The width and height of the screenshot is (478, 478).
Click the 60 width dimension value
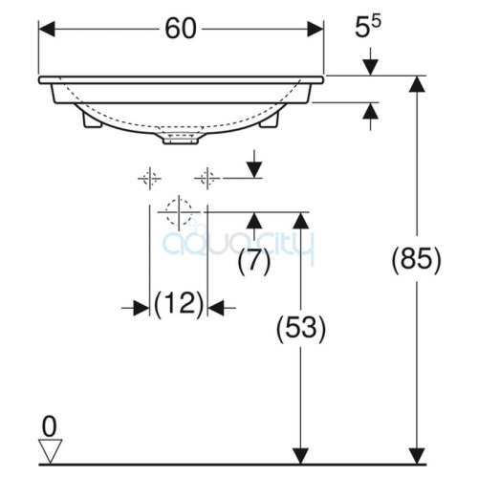(x=181, y=29)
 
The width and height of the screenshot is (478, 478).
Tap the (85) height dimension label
(x=416, y=259)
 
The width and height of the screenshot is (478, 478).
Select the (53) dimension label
(x=301, y=329)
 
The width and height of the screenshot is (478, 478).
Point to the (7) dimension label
(x=254, y=262)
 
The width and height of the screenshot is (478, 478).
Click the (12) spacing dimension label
(x=179, y=303)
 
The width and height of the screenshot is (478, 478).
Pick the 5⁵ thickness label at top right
(x=368, y=27)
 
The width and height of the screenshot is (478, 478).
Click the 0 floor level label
(x=50, y=427)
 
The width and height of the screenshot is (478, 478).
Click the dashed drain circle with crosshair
(x=179, y=212)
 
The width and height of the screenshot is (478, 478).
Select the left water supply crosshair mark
(x=149, y=179)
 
